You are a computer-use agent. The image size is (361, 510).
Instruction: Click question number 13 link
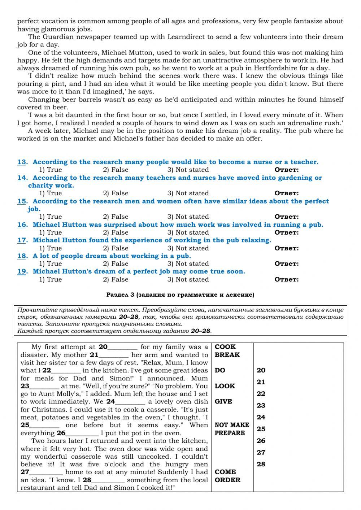[x=22, y=162]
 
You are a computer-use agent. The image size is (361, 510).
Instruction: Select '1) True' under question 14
[x=51, y=193]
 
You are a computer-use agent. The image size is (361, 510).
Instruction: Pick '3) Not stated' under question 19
[x=188, y=279]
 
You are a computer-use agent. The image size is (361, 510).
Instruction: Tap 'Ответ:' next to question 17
[x=287, y=248]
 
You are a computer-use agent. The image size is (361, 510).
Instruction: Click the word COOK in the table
[x=225, y=347]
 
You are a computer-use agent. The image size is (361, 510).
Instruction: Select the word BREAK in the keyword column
[x=227, y=355]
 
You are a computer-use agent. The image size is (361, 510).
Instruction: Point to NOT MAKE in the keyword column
[x=232, y=425]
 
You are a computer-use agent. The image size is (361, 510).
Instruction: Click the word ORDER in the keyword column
[x=227, y=480]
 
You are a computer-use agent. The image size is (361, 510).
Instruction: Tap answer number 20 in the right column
[x=261, y=370]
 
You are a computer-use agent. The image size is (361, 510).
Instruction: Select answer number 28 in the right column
[x=261, y=464]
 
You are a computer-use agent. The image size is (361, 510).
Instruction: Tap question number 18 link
[x=22, y=256]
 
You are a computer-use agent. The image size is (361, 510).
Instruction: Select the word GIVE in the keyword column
[x=223, y=401]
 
